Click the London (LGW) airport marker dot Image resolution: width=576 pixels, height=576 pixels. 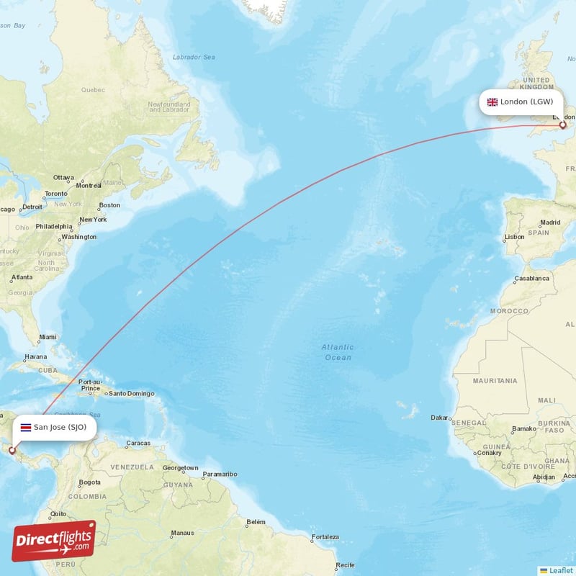click(562, 125)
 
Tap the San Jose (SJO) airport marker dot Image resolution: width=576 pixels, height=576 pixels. click(12, 450)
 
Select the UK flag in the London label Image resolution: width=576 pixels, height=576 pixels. click(492, 102)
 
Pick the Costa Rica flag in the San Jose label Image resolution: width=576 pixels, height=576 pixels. click(25, 427)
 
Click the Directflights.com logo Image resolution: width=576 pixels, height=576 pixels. click(54, 540)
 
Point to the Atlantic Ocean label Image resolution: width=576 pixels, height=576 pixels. click(338, 352)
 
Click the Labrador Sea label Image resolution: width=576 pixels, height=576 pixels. click(194, 57)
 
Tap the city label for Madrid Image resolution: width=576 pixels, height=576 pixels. click(550, 222)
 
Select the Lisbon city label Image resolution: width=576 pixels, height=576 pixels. click(515, 237)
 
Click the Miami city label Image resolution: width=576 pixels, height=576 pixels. click(48, 337)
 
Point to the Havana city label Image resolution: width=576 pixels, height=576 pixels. click(36, 356)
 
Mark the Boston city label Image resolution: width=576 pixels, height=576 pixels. click(109, 205)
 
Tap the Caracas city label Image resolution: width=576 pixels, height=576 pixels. click(138, 443)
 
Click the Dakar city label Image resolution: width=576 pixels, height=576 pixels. click(438, 418)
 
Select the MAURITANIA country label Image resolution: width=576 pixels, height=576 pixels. click(495, 380)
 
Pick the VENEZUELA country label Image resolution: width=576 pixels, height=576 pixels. click(132, 467)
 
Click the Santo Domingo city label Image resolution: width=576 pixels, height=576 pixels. click(131, 393)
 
